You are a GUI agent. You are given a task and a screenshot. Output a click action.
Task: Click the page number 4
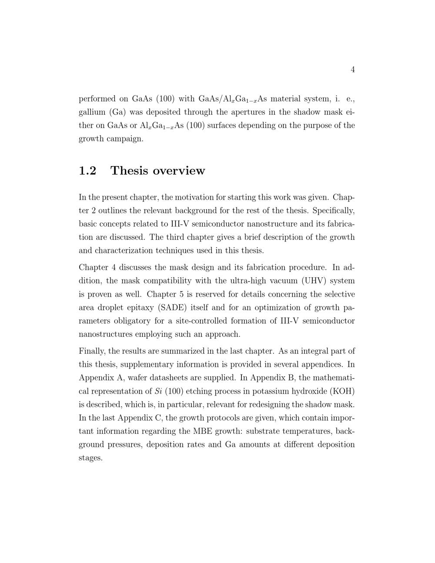point(352,70)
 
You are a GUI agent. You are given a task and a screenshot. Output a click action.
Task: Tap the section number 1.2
point(87,171)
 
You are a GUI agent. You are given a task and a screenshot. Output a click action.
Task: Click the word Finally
point(92,351)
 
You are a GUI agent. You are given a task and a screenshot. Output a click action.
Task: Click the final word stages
point(90,458)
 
